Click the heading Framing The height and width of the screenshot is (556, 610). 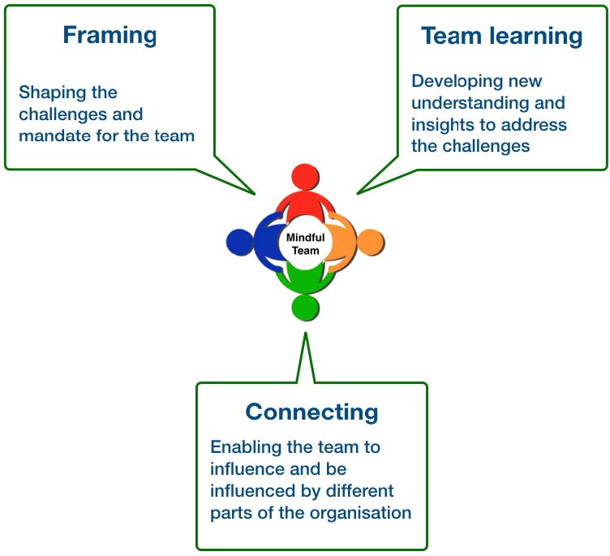[x=110, y=36]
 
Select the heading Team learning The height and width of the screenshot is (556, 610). [x=501, y=36]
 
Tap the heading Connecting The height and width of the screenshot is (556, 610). [x=311, y=412]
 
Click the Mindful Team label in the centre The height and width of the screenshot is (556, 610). [x=306, y=244]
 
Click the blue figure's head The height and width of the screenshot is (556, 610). [x=240, y=242]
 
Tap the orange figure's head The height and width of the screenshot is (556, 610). [x=370, y=242]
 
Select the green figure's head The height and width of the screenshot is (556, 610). [x=304, y=307]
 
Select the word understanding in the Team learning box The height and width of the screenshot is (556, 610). [x=471, y=103]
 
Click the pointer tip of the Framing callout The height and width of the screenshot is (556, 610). [x=256, y=195]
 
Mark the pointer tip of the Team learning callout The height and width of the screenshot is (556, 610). [x=356, y=193]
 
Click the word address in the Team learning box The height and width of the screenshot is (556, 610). [x=539, y=125]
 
